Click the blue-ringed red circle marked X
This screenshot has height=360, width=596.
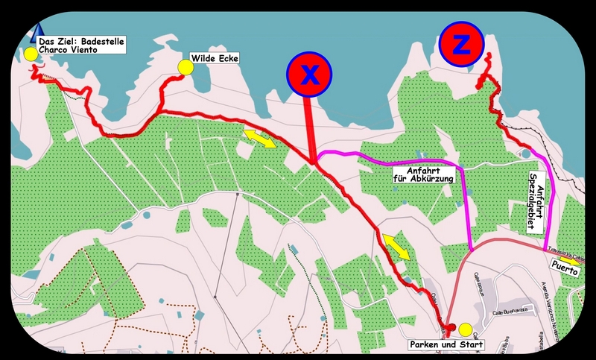308,74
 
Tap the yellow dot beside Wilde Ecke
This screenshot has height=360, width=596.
186,68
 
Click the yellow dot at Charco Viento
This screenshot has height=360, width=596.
30,54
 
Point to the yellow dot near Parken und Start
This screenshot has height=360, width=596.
466,329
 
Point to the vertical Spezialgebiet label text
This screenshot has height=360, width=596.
534,200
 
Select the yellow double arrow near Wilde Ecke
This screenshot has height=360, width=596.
260,137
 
